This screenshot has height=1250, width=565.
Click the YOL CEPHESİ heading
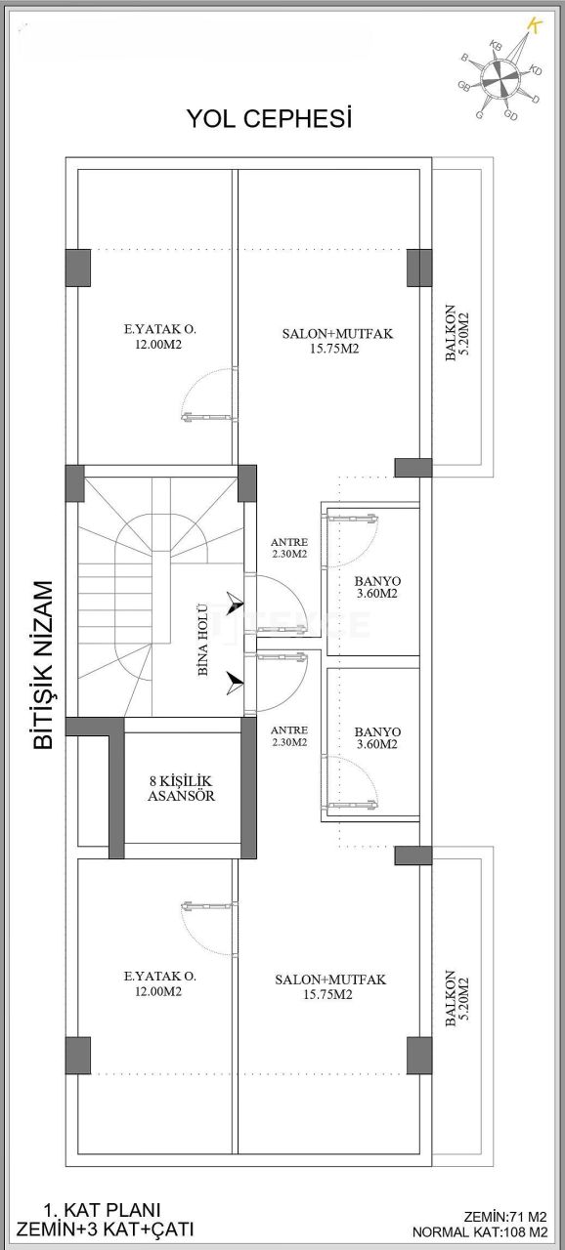269,119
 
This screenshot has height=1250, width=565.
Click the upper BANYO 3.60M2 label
376,586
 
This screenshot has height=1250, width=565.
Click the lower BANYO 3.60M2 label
376,736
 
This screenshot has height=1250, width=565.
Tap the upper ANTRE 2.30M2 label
289,548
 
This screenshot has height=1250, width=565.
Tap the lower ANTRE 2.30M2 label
289,735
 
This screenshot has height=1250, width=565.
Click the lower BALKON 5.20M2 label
456,1000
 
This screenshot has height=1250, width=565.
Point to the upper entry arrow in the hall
233,604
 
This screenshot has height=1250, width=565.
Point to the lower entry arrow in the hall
233,682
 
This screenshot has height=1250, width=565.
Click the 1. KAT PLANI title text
102,1209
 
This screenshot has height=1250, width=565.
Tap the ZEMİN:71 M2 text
505,1218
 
